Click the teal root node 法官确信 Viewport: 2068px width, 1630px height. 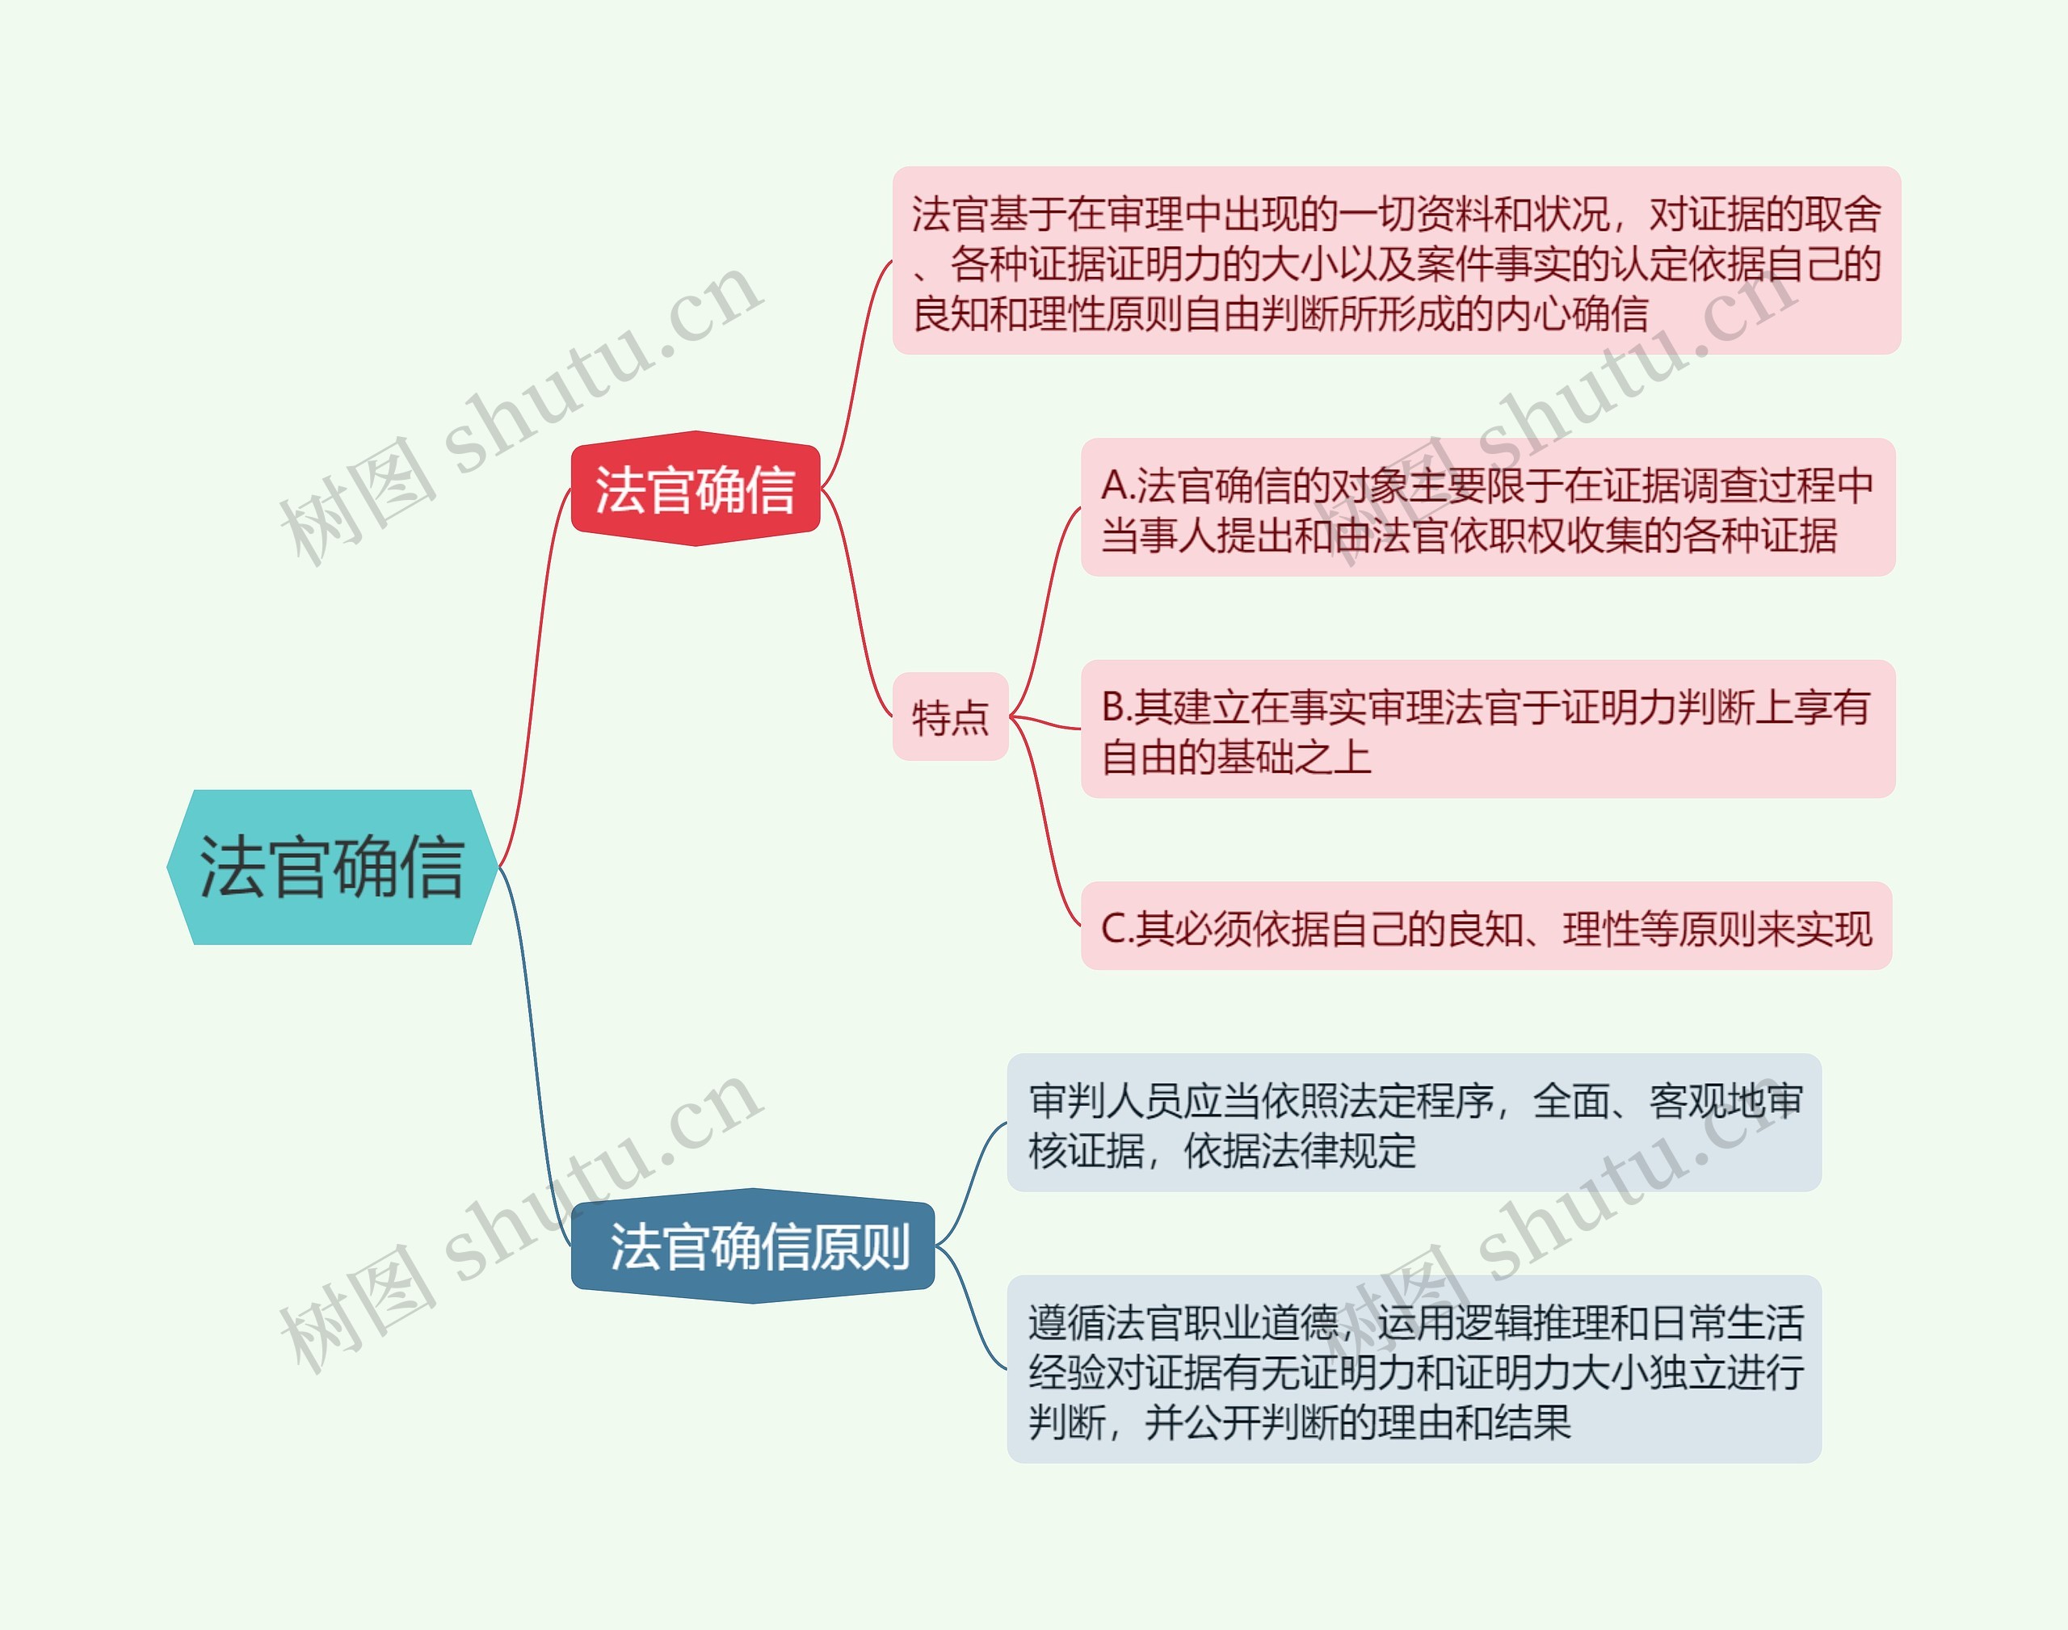coord(331,867)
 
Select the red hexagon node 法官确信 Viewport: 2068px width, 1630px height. coord(695,489)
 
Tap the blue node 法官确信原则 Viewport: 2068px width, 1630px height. coord(753,1246)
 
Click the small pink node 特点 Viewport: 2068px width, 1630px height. coord(951,716)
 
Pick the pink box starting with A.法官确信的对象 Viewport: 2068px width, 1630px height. coord(1487,508)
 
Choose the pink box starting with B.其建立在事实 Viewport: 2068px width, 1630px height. coord(1487,729)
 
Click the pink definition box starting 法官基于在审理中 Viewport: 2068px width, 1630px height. coord(1395,262)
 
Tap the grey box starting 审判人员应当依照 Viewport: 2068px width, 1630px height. coord(1414,1124)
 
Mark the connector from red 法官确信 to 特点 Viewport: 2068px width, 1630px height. coord(856,601)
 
